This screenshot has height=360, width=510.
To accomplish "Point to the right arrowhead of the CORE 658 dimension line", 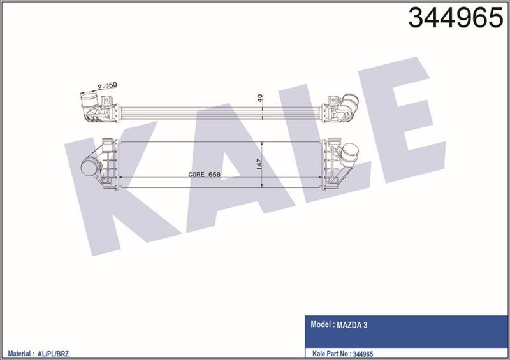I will [x=324, y=178].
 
